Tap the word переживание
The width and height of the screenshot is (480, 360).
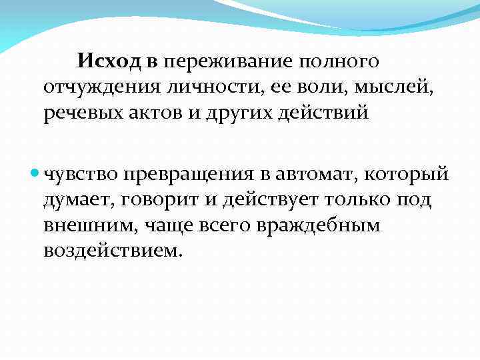[x=224, y=63]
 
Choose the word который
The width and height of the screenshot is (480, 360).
[x=411, y=175]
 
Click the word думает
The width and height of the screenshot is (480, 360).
[x=75, y=201]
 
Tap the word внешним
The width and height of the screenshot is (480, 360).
[x=87, y=225]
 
